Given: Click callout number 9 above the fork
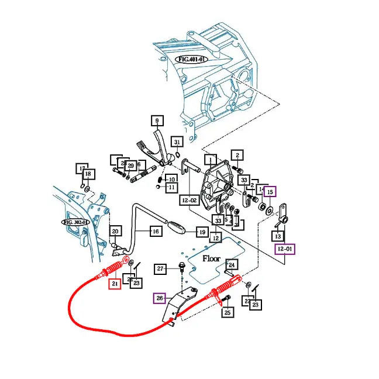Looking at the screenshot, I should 157,121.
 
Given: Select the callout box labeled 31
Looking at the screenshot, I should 177,142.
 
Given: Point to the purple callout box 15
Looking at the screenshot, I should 269,191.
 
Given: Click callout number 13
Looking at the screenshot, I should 278,236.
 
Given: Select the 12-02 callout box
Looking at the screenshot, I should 189,199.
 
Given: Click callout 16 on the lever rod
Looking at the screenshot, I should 155,232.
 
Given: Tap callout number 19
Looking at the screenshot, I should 201,232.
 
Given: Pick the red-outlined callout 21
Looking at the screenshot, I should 114,284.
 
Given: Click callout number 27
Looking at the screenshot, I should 161,269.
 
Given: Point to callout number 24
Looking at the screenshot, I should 232,265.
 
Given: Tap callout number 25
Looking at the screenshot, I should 228,313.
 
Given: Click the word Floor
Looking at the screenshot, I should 211,258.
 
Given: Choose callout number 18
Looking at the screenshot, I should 88,174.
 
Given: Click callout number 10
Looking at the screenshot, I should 171,178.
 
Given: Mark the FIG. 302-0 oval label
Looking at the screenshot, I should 75,222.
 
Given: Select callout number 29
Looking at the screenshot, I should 131,166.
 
